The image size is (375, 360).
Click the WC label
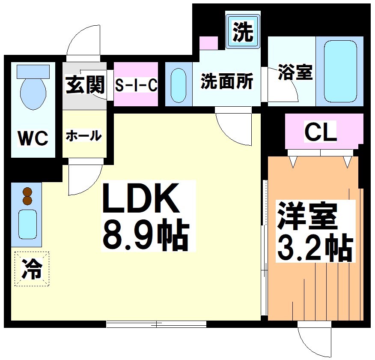[x=33, y=138]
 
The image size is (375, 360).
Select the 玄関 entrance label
[x=85, y=84]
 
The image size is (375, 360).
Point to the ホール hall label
[x=84, y=136]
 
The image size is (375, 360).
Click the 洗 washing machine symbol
[x=243, y=32]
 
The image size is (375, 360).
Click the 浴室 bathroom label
[x=295, y=72]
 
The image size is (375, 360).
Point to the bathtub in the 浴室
[x=340, y=71]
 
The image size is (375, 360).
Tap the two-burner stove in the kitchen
[x=27, y=196]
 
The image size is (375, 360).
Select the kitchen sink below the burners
[x=27, y=224]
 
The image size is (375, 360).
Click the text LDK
[x=141, y=199]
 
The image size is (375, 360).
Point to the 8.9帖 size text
[x=146, y=236]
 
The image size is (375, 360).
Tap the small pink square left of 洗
[x=209, y=42]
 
